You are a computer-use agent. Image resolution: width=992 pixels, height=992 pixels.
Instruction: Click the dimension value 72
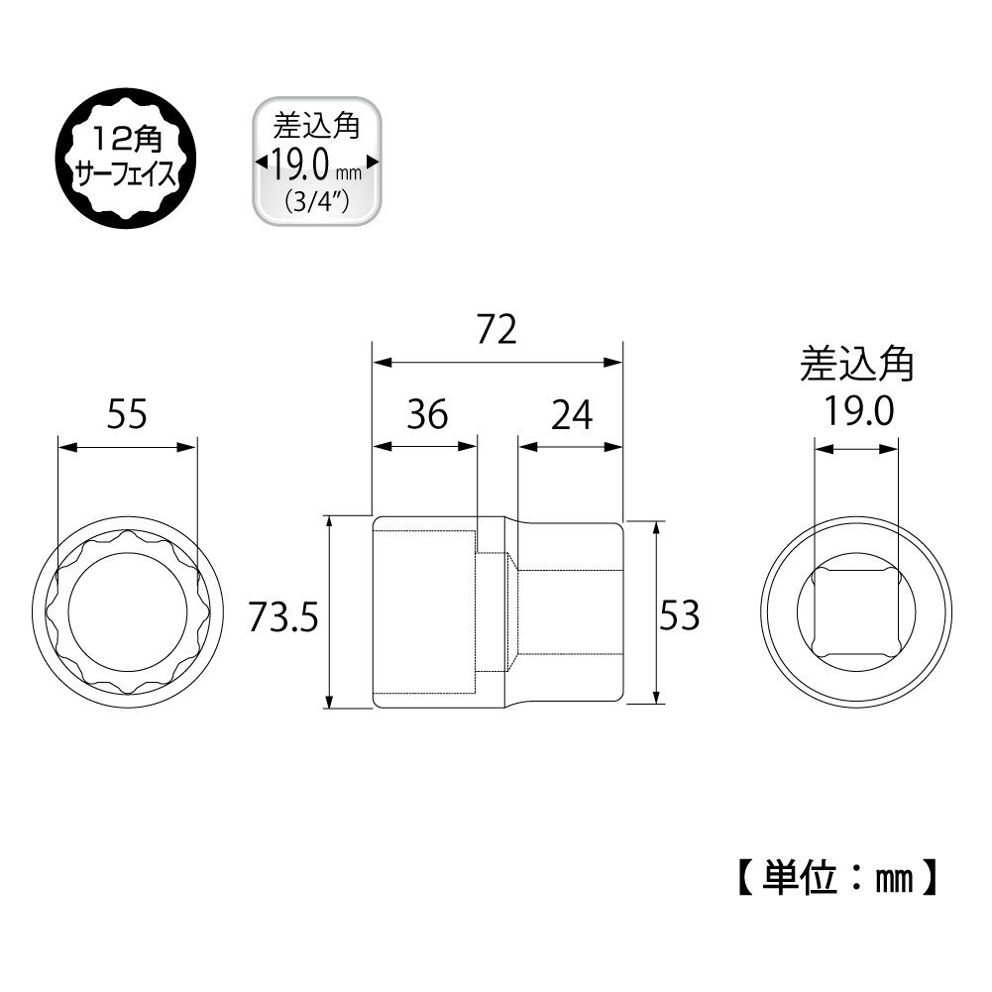tap(496, 329)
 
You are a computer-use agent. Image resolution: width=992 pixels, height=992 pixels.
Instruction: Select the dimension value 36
tap(427, 414)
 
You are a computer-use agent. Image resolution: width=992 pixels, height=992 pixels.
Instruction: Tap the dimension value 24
tap(572, 415)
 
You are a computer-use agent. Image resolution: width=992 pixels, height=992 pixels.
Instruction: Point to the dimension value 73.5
tap(282, 616)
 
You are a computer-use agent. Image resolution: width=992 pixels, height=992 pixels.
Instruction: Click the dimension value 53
tap(680, 615)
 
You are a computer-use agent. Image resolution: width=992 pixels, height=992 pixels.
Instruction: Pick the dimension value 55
tap(127, 414)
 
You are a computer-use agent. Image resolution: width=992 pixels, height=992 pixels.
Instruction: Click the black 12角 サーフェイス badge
tap(126, 159)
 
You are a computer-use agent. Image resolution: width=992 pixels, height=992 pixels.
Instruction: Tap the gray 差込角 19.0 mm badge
tap(317, 162)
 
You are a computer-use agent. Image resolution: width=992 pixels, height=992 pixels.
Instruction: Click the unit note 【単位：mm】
tap(837, 877)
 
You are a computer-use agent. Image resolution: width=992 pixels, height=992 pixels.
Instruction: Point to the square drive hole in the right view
tap(856, 611)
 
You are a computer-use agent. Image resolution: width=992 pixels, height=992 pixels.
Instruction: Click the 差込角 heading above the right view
tap(856, 364)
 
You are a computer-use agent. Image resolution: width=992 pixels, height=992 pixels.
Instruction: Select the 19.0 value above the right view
tap(858, 411)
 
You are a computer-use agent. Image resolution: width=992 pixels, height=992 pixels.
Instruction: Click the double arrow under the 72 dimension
tap(497, 363)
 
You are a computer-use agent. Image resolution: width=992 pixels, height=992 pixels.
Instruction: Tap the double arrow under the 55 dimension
tap(127, 447)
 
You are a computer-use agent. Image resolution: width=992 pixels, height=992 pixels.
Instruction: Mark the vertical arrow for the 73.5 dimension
tap(329, 612)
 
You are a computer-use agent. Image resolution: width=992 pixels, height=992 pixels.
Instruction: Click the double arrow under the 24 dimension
tap(571, 447)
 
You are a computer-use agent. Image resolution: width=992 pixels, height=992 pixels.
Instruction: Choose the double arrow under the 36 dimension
tap(424, 447)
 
